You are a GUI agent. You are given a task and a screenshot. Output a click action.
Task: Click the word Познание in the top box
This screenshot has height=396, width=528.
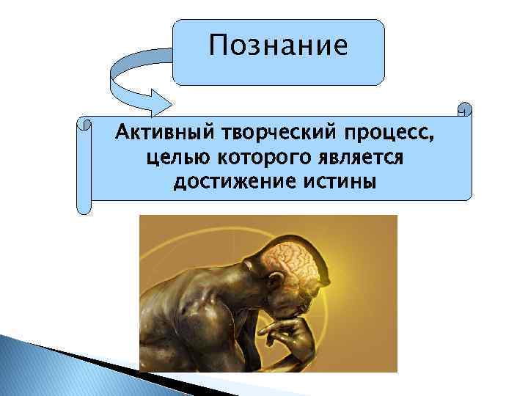(x=278, y=47)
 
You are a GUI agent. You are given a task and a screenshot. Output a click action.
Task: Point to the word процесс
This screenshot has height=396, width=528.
(x=396, y=135)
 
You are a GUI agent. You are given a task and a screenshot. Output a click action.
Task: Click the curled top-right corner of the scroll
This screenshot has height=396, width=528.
(x=465, y=110)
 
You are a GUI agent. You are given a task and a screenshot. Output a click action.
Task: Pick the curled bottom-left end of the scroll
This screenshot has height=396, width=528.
(x=85, y=205)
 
